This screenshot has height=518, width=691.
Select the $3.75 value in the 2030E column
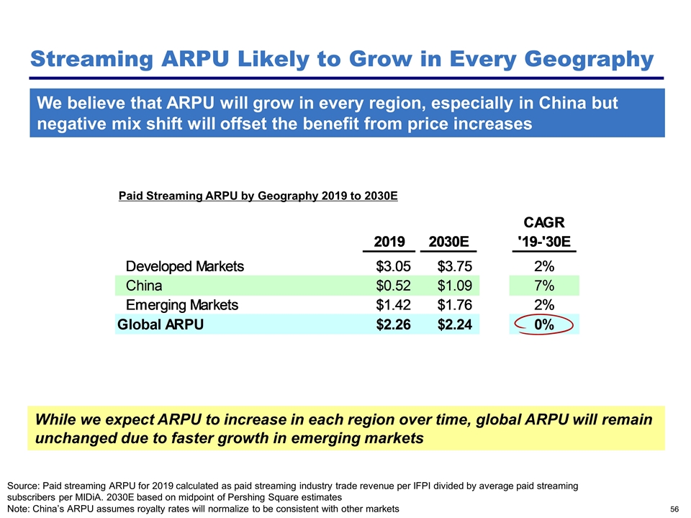(454, 266)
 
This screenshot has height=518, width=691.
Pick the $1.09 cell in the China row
(454, 286)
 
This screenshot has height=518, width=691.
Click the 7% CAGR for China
(543, 286)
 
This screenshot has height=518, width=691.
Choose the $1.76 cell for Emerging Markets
(454, 305)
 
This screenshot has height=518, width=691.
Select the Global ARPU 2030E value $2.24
(454, 324)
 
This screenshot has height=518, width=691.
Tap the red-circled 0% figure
(543, 324)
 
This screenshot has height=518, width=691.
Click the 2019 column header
(389, 241)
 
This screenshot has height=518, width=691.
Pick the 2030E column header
(452, 241)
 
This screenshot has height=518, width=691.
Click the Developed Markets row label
(185, 266)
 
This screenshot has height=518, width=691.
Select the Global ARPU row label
(161, 324)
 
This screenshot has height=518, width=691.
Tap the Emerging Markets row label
(182, 305)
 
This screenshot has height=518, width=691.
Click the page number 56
(674, 509)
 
